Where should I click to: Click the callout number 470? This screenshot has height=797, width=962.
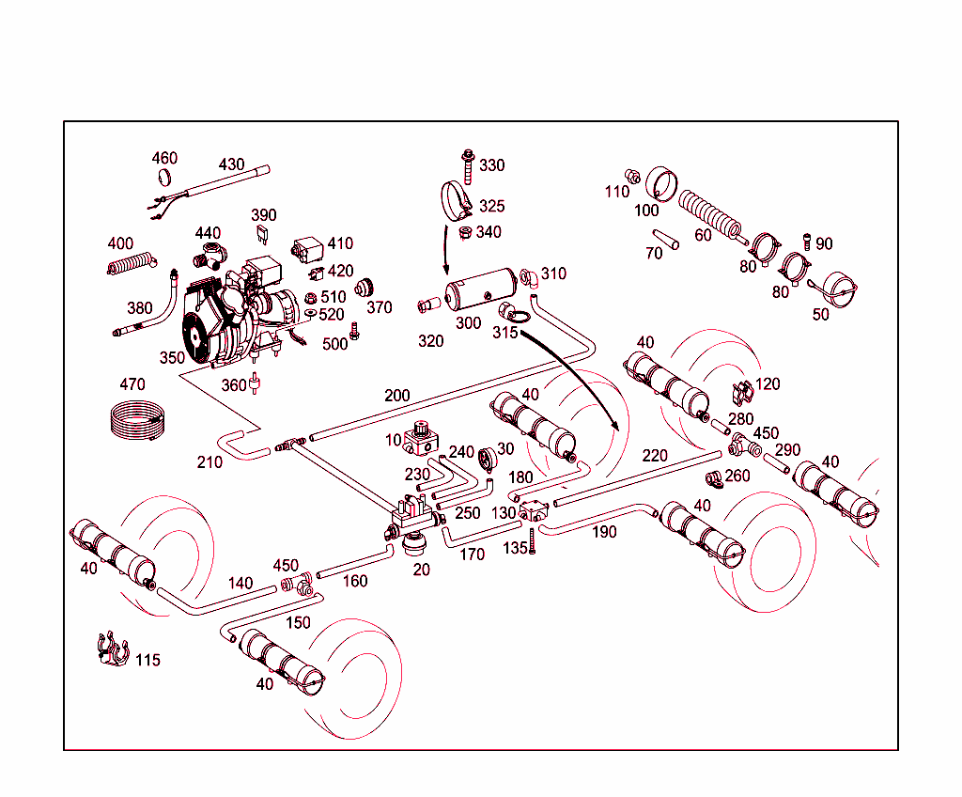click(x=132, y=384)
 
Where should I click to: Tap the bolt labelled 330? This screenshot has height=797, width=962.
click(x=466, y=166)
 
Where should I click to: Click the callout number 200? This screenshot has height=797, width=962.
click(x=397, y=396)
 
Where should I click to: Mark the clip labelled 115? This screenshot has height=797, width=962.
click(x=112, y=649)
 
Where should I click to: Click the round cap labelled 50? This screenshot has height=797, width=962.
click(x=833, y=288)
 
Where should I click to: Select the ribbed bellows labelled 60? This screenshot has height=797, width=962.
click(x=711, y=215)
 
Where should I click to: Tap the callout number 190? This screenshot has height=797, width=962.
click(x=604, y=532)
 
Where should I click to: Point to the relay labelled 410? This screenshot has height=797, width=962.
click(x=307, y=251)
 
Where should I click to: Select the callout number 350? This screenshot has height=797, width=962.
click(x=172, y=358)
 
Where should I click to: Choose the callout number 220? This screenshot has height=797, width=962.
click(x=655, y=456)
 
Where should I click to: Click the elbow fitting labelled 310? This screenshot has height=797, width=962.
click(x=528, y=277)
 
